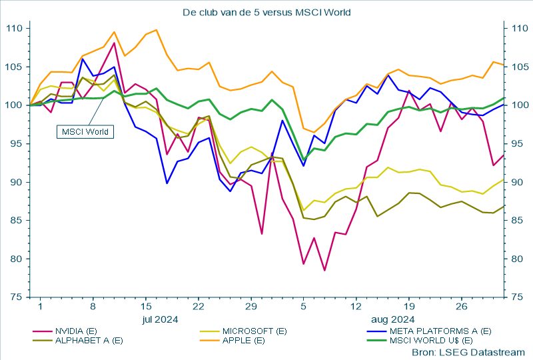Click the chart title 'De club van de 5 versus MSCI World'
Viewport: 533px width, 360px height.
point(266,12)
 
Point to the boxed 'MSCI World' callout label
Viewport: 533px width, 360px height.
point(85,131)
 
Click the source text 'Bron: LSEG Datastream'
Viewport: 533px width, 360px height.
point(468,351)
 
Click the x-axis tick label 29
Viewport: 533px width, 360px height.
point(251,307)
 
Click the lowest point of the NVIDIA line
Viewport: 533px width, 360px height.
point(324,270)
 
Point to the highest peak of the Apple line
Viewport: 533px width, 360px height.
point(156,30)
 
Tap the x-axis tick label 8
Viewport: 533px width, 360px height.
point(93,307)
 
